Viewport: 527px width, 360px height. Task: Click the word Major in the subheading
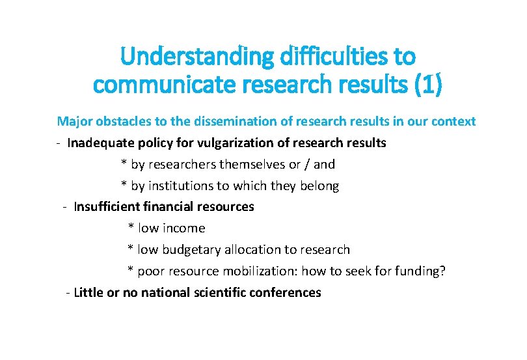click(x=74, y=121)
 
